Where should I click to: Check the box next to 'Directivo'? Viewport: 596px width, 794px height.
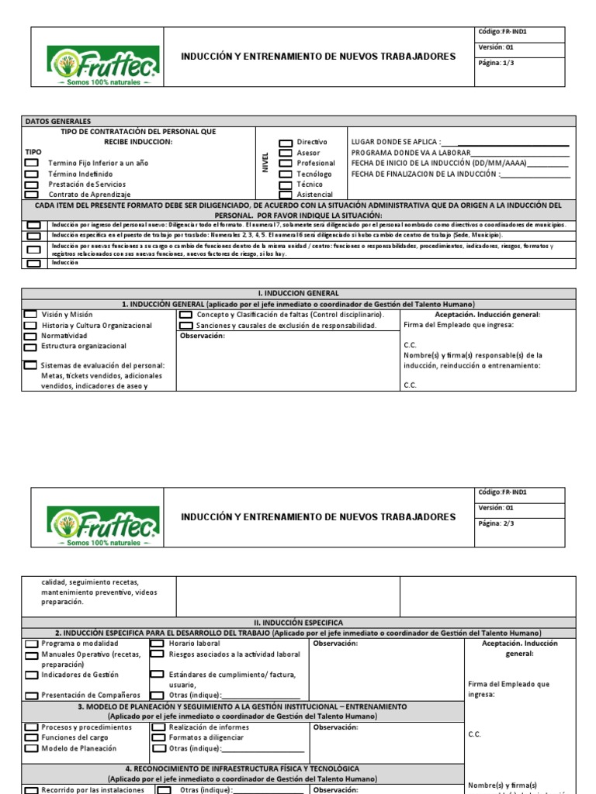pyautogui.click(x=286, y=143)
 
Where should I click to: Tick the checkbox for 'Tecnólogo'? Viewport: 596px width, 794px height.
pyautogui.click(x=286, y=174)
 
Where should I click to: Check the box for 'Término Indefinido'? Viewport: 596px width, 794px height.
pyautogui.click(x=32, y=174)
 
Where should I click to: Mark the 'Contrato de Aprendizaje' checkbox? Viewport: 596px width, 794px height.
pyautogui.click(x=32, y=195)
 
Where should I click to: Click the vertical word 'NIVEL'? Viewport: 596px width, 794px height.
pyautogui.click(x=265, y=162)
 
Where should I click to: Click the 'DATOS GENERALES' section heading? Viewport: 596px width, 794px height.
pyautogui.click(x=58, y=122)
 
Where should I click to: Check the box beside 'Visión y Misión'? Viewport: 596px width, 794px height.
pyautogui.click(x=30, y=315)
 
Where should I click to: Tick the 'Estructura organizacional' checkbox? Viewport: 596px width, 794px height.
pyautogui.click(x=30, y=347)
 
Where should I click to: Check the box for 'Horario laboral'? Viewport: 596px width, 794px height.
pyautogui.click(x=157, y=644)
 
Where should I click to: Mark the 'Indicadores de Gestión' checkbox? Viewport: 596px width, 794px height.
pyautogui.click(x=32, y=675)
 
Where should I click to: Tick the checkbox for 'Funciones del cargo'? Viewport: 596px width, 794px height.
pyautogui.click(x=32, y=738)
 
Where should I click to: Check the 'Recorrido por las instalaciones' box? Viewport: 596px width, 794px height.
pyautogui.click(x=32, y=790)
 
